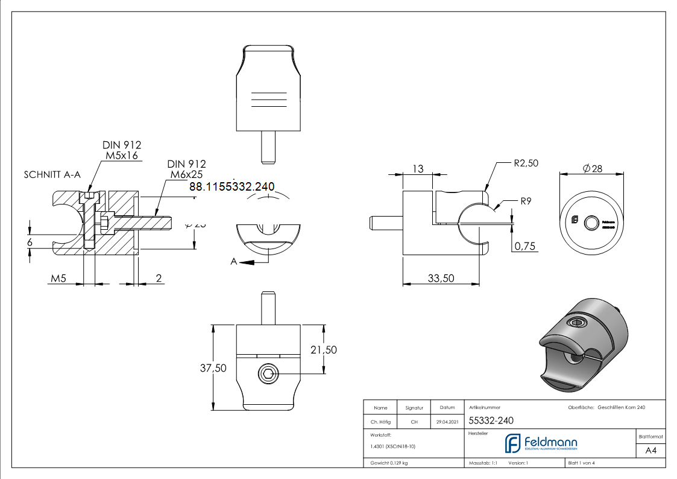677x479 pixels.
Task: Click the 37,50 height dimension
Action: point(213,368)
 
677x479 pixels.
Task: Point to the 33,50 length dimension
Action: point(440,278)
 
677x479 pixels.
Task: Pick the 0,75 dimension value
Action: point(524,246)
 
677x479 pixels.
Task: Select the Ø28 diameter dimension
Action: point(593,169)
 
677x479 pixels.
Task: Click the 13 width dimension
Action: point(418,169)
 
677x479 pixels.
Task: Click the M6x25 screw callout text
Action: point(186,175)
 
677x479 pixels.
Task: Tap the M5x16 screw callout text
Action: point(122,156)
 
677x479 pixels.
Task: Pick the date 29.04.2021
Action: point(447,422)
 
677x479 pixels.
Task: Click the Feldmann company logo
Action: point(540,443)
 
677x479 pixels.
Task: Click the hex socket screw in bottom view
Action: point(268,375)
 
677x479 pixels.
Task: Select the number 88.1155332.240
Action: point(231,187)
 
